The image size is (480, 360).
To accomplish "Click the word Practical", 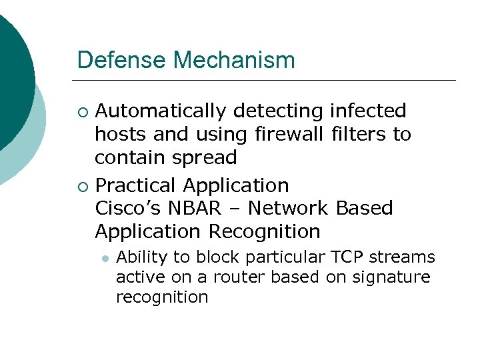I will click(x=137, y=185).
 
